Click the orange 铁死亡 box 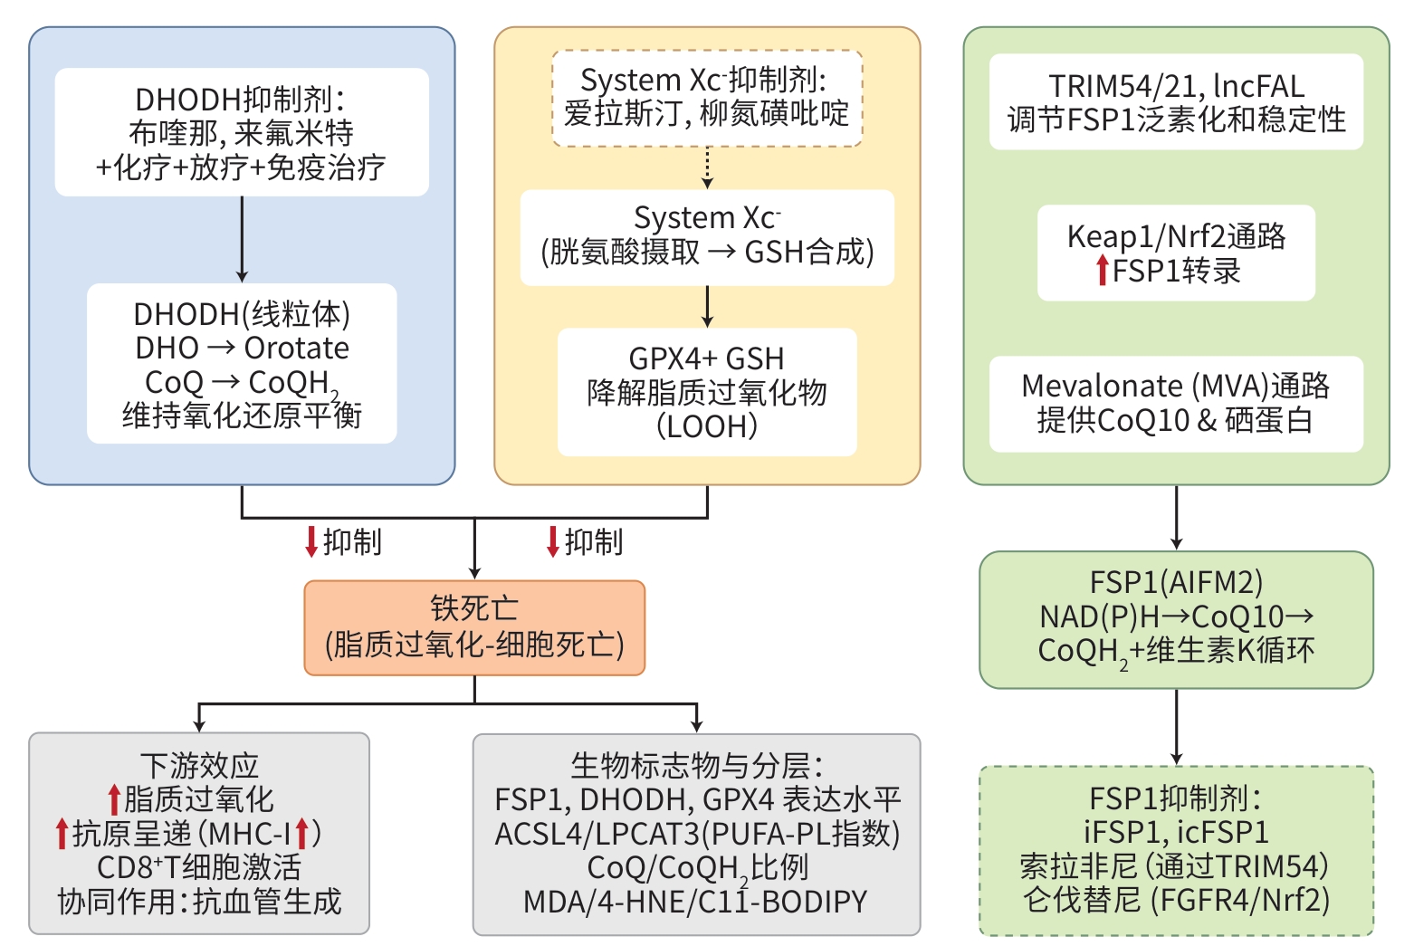pyautogui.click(x=474, y=627)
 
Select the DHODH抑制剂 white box pyautogui.click(x=242, y=132)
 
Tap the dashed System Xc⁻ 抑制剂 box pyautogui.click(x=707, y=98)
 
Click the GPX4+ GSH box pyautogui.click(x=707, y=392)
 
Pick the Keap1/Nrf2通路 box pyautogui.click(x=1176, y=253)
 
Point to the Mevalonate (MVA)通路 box pyautogui.click(x=1176, y=404)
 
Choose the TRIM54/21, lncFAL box pyautogui.click(x=1176, y=101)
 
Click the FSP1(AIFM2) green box pyautogui.click(x=1176, y=619)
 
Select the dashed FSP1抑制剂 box pyautogui.click(x=1176, y=850)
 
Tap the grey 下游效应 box pyautogui.click(x=199, y=833)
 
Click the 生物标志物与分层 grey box pyautogui.click(x=696, y=834)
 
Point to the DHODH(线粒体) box pyautogui.click(x=242, y=364)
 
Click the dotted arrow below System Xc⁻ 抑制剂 pyautogui.click(x=707, y=167)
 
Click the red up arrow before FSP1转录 pyautogui.click(x=1102, y=270)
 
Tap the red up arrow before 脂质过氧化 pyautogui.click(x=114, y=799)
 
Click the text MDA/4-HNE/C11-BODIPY pyautogui.click(x=695, y=902)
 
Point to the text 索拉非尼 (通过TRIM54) pyautogui.click(x=1174, y=866)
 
